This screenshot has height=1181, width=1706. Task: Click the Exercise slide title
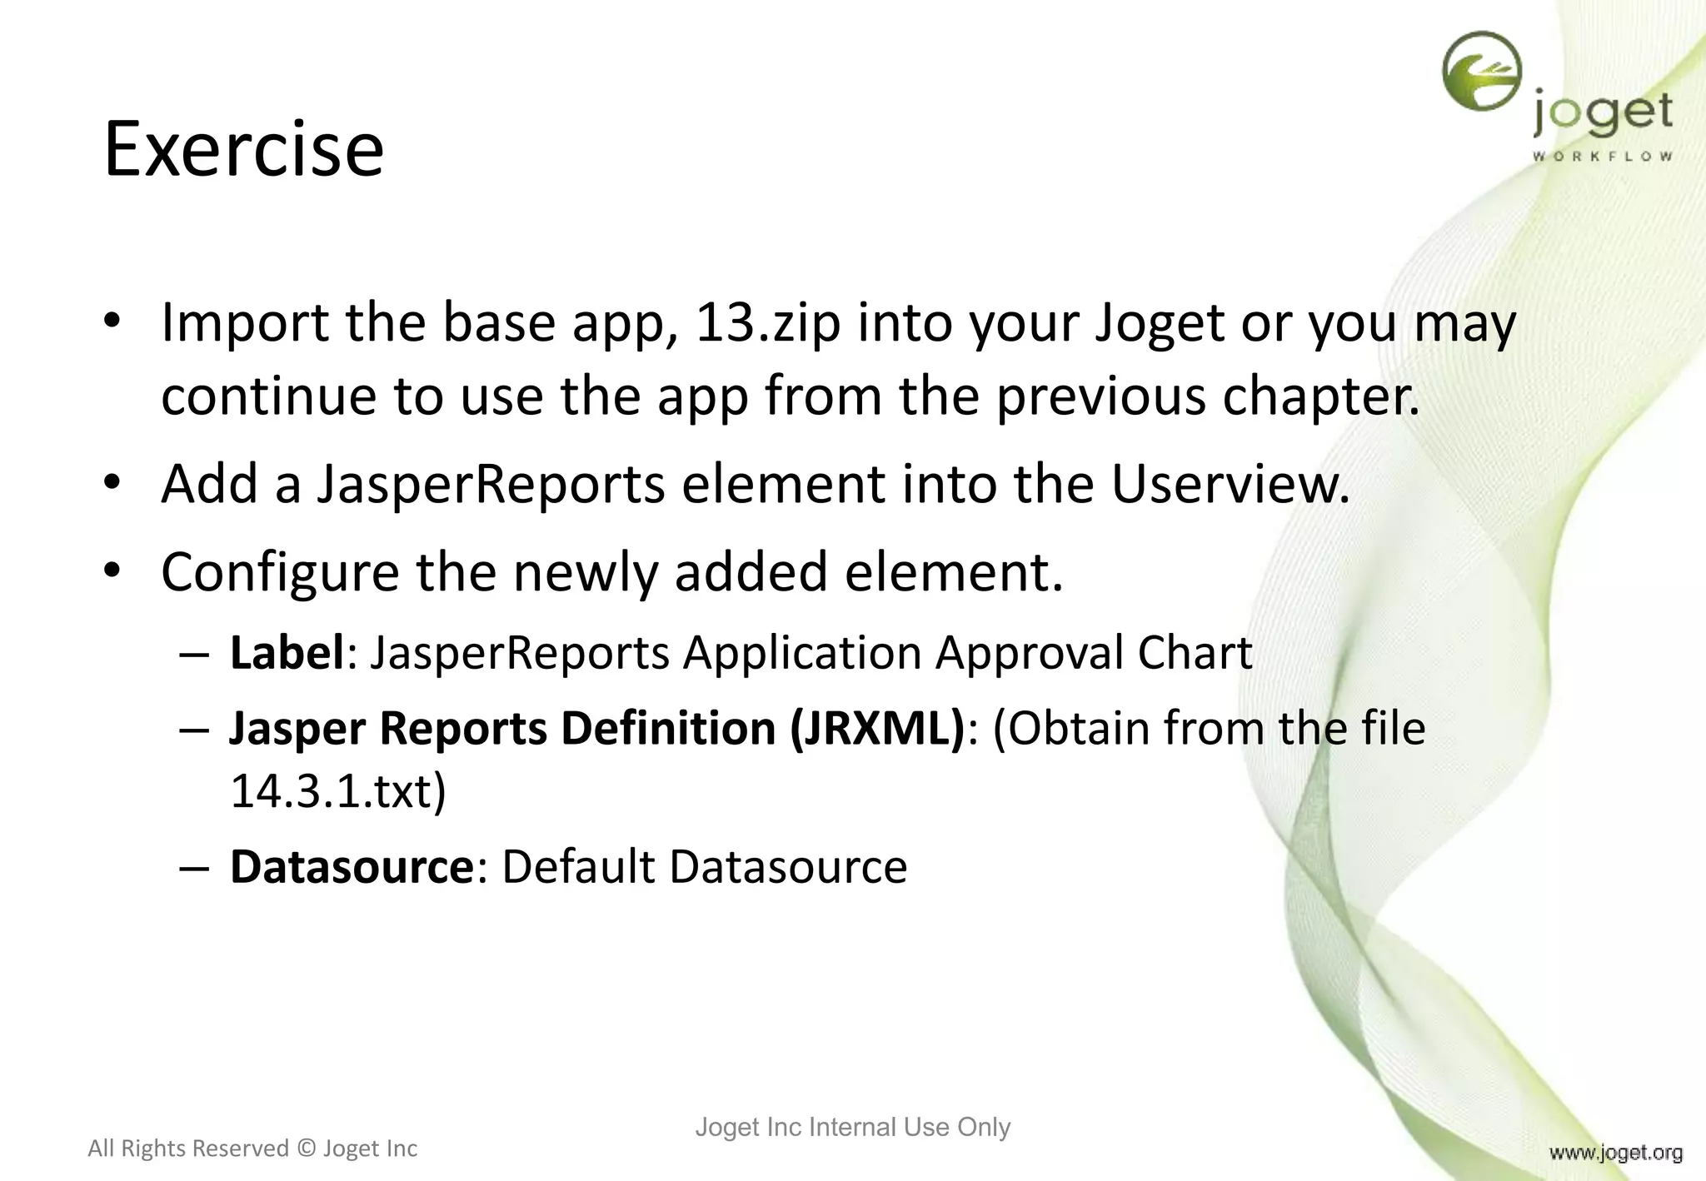[243, 150]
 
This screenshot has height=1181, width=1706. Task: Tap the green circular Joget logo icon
[1482, 72]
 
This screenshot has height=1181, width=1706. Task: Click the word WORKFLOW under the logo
[1602, 156]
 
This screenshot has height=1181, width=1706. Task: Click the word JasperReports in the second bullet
[491, 484]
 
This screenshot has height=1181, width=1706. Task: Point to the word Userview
[1230, 484]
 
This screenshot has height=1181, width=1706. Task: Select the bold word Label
[287, 652]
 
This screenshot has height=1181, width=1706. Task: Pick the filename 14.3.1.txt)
[338, 790]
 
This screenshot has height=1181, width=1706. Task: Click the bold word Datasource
[352, 867]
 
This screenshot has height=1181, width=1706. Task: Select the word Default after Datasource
[578, 867]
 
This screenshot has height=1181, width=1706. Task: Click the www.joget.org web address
[1615, 1153]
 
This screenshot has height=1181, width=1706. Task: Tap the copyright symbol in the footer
[306, 1149]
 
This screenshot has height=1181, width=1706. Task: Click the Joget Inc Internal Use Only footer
[852, 1127]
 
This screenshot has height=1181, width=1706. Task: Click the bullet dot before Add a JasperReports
[113, 482]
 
